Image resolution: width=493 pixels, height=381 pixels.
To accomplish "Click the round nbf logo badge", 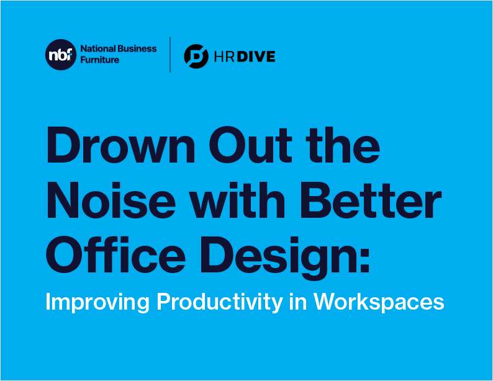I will point(59,55).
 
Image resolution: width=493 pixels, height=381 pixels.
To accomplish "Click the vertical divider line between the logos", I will point(170,55).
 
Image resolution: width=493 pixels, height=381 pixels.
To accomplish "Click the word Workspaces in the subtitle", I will point(379,302).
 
